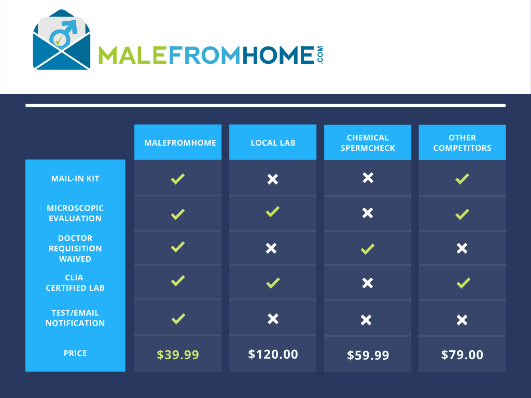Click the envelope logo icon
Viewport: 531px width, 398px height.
point(62,40)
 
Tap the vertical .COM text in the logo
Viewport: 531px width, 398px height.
point(320,55)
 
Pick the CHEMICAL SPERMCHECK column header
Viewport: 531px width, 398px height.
point(368,143)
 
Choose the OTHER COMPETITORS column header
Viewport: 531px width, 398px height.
point(462,143)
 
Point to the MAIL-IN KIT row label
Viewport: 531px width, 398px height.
point(75,179)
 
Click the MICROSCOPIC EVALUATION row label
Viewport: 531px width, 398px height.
point(75,213)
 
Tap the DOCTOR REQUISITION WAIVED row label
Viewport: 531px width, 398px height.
point(75,248)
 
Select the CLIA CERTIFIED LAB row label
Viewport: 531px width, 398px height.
point(75,282)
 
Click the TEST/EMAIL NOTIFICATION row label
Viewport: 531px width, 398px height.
point(75,318)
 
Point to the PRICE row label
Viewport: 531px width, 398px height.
point(75,353)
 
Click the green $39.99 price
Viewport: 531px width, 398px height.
point(178,354)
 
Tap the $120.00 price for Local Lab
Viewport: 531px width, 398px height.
point(273,354)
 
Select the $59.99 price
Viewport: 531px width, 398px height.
point(368,355)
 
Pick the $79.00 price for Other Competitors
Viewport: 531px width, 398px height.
point(462,354)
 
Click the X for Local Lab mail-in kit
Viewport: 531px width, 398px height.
point(273,179)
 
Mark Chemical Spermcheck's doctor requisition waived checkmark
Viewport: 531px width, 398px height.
point(368,249)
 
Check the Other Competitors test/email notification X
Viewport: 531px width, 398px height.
point(462,320)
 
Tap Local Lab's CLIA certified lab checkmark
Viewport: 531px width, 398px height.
point(273,283)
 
